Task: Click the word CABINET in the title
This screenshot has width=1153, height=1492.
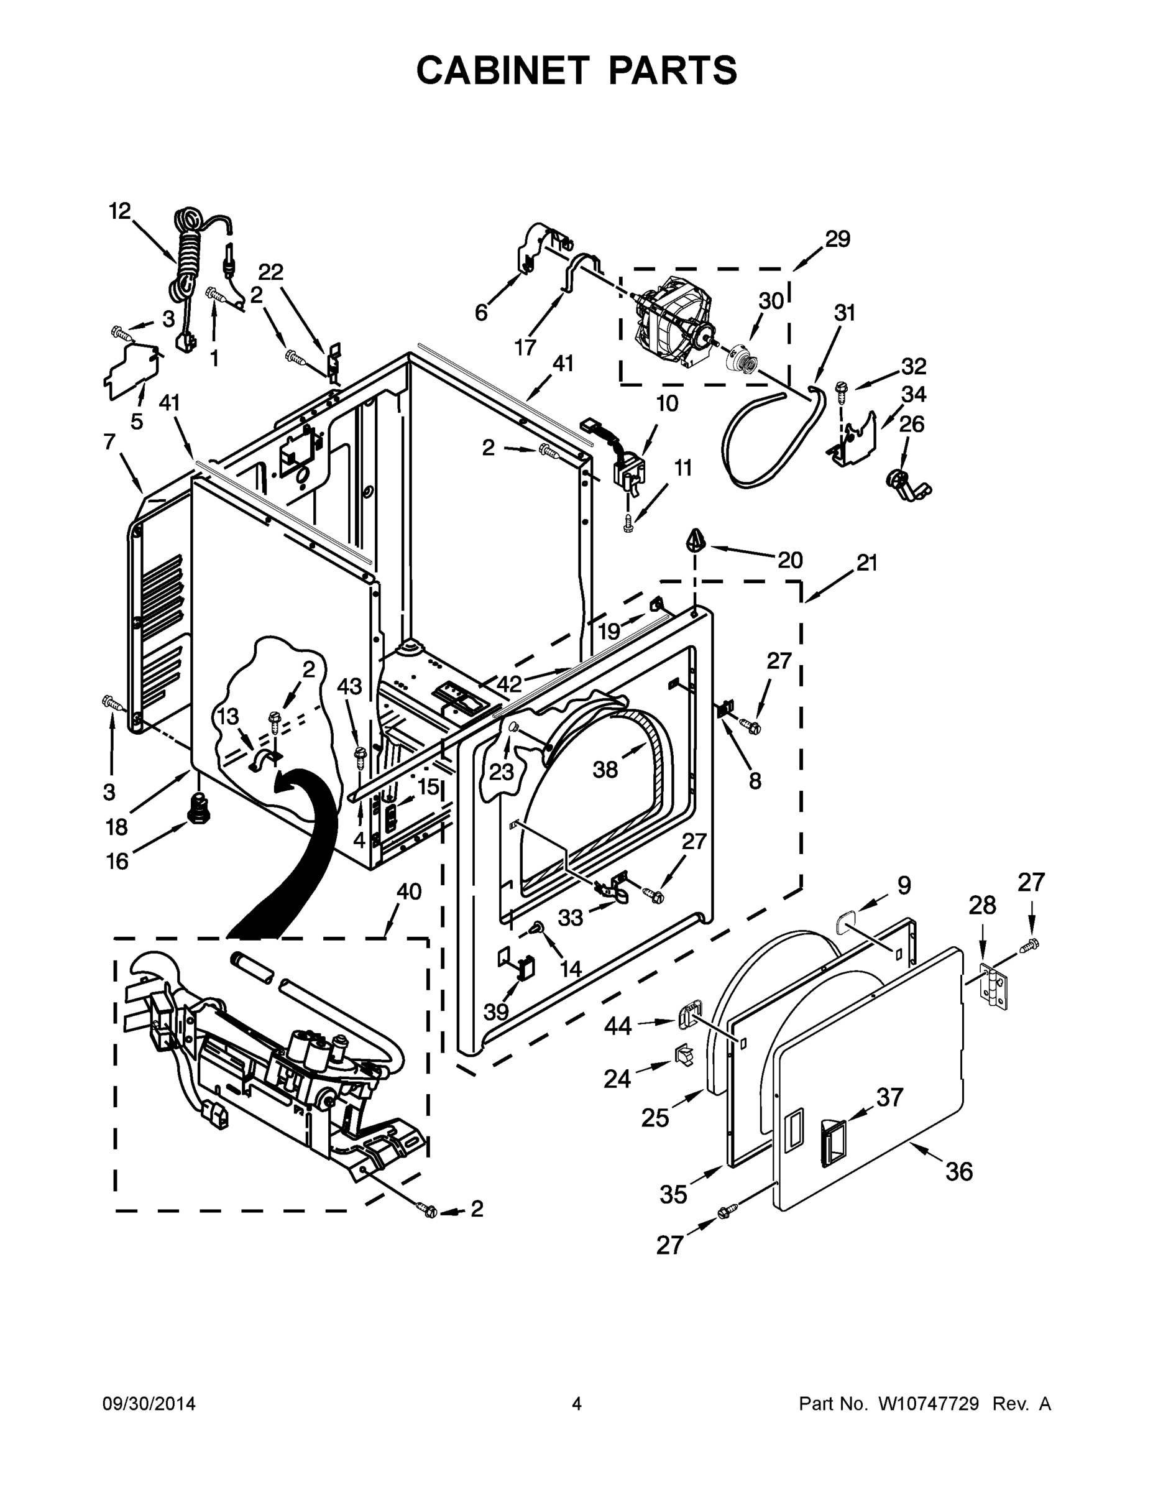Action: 502,70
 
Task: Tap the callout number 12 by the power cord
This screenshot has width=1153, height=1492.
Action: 119,211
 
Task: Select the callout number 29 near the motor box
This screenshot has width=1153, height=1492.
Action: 837,239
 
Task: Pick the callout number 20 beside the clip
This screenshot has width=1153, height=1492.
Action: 790,560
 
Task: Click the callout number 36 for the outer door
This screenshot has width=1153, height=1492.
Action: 958,1172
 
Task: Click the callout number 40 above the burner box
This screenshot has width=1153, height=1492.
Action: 408,891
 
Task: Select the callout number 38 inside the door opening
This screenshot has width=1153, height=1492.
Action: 605,770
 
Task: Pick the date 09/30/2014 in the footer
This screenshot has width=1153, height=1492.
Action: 149,1404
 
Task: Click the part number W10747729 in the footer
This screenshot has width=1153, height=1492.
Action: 928,1404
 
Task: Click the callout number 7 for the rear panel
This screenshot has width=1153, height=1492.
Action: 109,442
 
